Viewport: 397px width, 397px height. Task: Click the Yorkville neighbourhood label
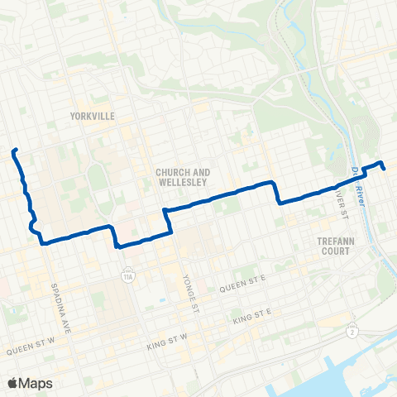point(93,116)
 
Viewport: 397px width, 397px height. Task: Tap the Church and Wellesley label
point(183,177)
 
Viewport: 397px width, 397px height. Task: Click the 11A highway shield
point(127,270)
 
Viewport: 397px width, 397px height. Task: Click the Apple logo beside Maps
point(12,383)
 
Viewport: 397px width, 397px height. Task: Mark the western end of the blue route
point(14,151)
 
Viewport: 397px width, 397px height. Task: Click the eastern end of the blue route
point(385,169)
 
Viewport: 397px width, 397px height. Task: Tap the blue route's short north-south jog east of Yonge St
point(276,192)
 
